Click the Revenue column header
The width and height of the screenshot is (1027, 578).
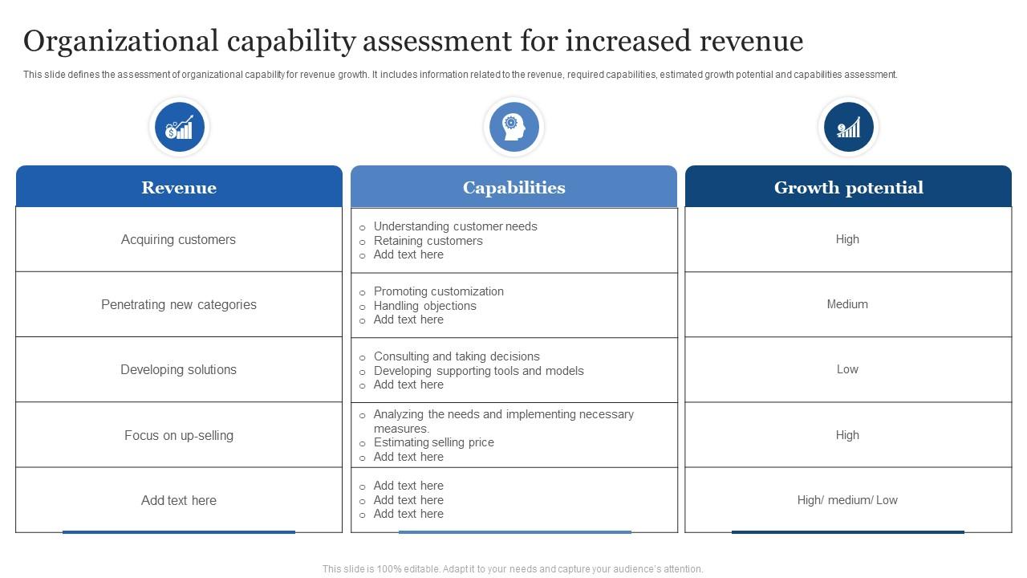(179, 188)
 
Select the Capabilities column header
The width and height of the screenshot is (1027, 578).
(513, 188)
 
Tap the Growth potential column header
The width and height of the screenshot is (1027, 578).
(848, 188)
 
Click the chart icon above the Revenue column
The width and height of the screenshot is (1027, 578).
(179, 127)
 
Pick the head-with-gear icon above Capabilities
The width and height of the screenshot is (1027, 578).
(513, 127)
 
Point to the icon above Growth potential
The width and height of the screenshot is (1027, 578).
(848, 127)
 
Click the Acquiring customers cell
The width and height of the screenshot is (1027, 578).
(178, 239)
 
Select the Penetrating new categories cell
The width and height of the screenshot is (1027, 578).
(179, 304)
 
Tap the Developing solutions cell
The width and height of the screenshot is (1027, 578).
(178, 369)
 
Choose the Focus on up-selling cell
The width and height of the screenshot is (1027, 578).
(179, 435)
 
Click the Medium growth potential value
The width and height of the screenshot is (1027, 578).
(847, 304)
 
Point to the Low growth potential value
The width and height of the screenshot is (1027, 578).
(847, 369)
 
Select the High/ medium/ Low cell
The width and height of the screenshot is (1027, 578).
(847, 500)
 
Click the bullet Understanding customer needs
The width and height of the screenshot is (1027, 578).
(455, 226)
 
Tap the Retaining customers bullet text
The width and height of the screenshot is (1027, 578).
(428, 241)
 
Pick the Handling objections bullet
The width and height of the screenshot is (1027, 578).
(424, 306)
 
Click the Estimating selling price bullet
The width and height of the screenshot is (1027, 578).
(433, 442)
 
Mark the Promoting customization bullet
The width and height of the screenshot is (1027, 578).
(438, 291)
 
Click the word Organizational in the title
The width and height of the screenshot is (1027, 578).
(120, 40)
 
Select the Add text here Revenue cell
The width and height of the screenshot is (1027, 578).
(179, 500)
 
